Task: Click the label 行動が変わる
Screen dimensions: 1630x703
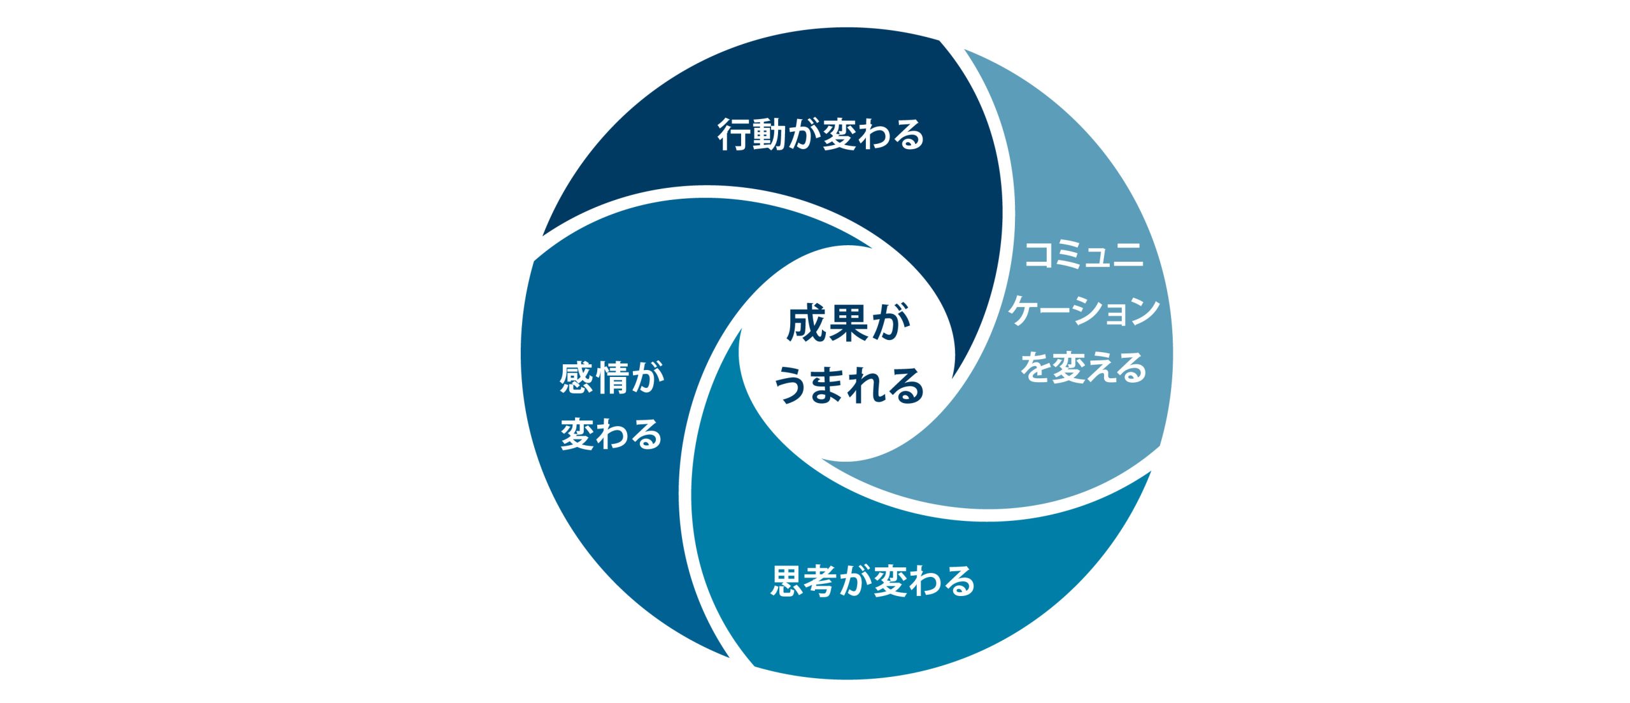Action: (821, 134)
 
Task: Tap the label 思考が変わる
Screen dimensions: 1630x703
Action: (873, 581)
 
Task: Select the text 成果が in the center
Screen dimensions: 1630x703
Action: (849, 324)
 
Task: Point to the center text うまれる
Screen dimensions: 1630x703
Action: (849, 385)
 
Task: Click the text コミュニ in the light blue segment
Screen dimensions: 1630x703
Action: (1084, 256)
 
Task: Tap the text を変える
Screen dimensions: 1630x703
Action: (1084, 368)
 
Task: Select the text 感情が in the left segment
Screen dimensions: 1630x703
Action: (612, 378)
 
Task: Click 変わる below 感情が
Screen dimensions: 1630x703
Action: (612, 434)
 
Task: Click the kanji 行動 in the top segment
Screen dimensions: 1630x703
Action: (752, 134)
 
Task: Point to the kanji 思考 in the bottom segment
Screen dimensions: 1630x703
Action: (804, 581)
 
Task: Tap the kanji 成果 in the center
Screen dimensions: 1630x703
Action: (828, 324)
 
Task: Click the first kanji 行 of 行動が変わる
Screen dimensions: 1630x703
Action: (735, 134)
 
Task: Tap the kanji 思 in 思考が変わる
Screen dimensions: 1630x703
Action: (788, 581)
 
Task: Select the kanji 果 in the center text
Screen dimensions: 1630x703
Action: (849, 324)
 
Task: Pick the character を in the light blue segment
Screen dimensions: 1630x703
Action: (1036, 368)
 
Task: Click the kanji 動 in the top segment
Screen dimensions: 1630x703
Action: (770, 134)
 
